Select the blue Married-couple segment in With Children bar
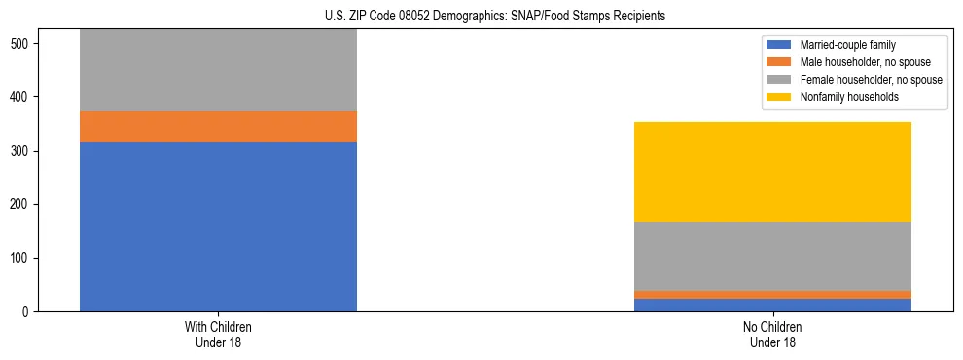pos(218,227)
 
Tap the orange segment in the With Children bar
pos(218,126)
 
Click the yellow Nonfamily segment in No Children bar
pos(772,171)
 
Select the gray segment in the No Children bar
pos(772,256)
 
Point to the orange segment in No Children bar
pos(772,294)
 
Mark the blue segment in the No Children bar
pos(772,305)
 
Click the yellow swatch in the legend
pos(780,97)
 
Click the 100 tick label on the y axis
pos(22,259)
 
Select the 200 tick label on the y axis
pos(22,204)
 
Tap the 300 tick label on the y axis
pos(22,151)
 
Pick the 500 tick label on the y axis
pos(22,44)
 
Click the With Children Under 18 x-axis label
pos(218,335)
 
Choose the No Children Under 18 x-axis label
pos(772,335)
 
